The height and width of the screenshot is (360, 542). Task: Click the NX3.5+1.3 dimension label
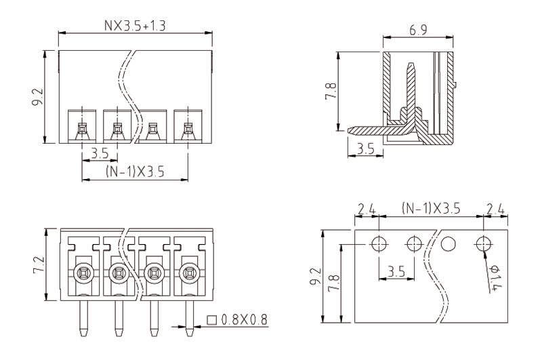(136, 25)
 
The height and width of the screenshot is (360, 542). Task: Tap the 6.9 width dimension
(417, 30)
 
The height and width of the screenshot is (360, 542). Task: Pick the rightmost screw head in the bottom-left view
(188, 274)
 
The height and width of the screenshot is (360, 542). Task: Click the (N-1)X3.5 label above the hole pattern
(430, 209)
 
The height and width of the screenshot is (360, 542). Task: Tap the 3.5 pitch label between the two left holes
(395, 272)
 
